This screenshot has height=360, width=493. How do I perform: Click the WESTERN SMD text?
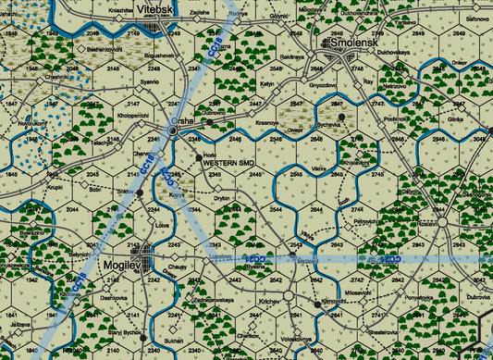227,163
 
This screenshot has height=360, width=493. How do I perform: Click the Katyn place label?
267,84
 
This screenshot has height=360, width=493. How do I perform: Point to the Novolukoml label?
22,122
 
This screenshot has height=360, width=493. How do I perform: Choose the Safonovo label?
477,19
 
